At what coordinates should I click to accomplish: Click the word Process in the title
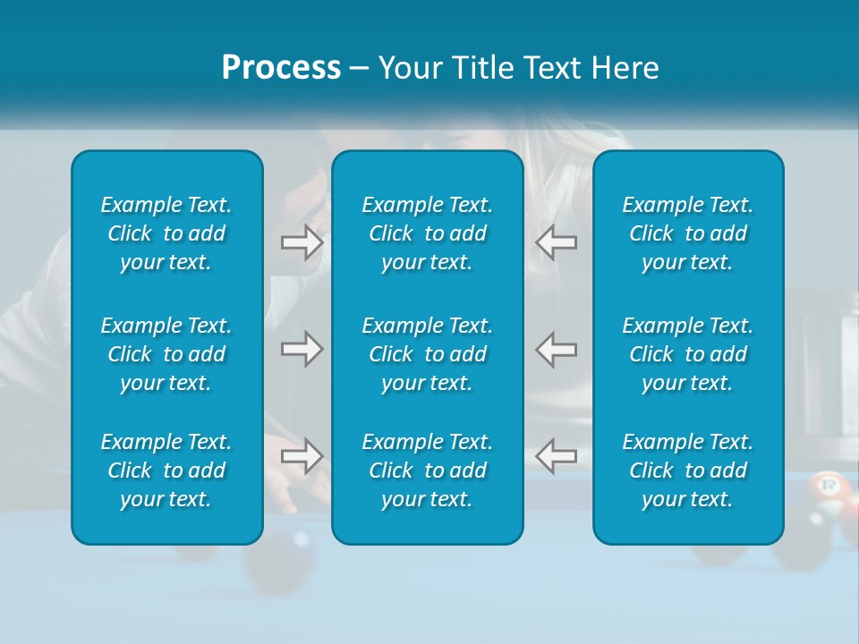281,68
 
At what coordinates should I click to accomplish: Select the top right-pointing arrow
302,242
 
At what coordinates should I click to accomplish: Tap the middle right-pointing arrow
302,349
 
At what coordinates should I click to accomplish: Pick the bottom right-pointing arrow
302,456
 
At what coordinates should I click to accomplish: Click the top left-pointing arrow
556,242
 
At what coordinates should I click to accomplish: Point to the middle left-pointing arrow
556,349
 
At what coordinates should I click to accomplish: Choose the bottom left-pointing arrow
556,456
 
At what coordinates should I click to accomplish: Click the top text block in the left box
166,233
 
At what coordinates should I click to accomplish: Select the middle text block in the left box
166,354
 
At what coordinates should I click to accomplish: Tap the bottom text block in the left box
166,470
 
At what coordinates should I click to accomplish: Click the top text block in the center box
427,233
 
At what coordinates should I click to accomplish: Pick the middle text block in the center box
427,354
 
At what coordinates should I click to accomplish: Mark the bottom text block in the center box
427,470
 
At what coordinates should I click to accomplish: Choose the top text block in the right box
688,233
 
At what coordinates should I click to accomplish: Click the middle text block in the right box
688,354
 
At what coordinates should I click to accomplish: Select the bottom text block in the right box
688,470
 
